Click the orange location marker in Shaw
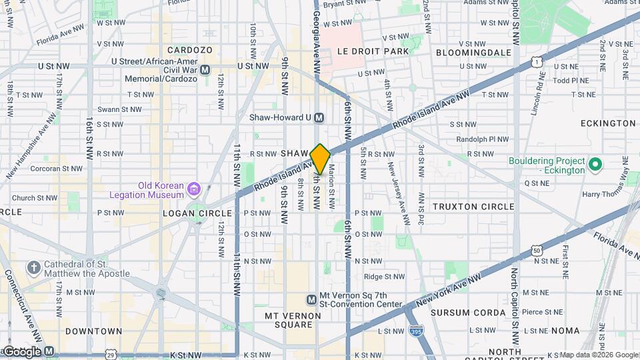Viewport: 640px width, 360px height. (320, 159)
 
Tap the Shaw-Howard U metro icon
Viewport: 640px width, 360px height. (319, 117)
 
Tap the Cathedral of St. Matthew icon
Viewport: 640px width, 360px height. (34, 269)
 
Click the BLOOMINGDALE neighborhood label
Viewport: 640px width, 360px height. (473, 52)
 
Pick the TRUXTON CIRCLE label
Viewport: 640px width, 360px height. (473, 207)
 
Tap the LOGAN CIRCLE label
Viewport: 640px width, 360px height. (197, 213)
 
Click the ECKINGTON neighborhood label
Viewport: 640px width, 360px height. (607, 123)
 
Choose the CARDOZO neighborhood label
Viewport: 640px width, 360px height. (189, 50)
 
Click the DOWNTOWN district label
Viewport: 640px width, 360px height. (93, 331)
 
